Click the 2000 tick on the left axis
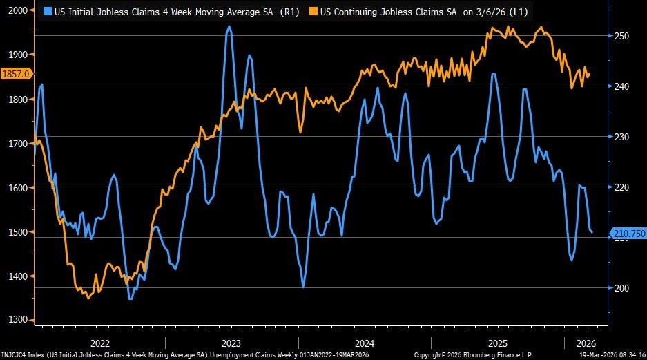click(x=17, y=11)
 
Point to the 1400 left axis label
click(x=17, y=276)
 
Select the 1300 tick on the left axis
click(x=17, y=320)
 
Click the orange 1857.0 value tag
click(x=15, y=75)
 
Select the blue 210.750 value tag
click(x=628, y=234)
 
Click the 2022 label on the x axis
click(x=99, y=343)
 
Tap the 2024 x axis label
click(x=365, y=343)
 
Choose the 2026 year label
click(x=586, y=343)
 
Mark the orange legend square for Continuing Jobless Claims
click(x=313, y=12)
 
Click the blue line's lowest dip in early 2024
click(x=303, y=286)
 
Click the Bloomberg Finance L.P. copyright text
click(x=476, y=355)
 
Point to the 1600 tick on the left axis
click(x=17, y=188)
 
